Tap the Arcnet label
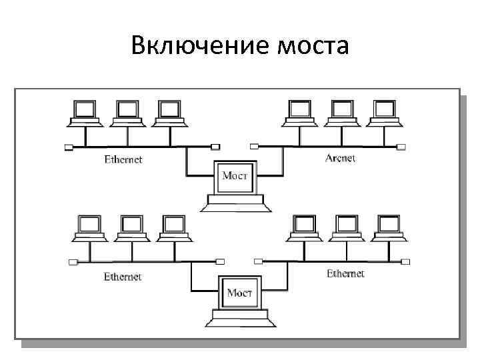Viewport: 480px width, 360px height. pos(341,159)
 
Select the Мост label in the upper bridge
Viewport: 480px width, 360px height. pos(235,175)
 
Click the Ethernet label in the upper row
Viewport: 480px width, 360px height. pos(123,159)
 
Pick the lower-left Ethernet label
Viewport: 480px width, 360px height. pos(123,276)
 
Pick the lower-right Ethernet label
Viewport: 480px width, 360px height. pos(345,273)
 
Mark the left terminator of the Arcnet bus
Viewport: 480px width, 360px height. pos(253,147)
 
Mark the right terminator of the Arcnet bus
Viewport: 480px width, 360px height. pos(401,147)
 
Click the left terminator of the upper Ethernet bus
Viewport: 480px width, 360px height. pos(69,147)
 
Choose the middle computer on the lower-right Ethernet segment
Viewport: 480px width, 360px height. pos(347,229)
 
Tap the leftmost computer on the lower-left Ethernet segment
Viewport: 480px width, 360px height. pos(88,229)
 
